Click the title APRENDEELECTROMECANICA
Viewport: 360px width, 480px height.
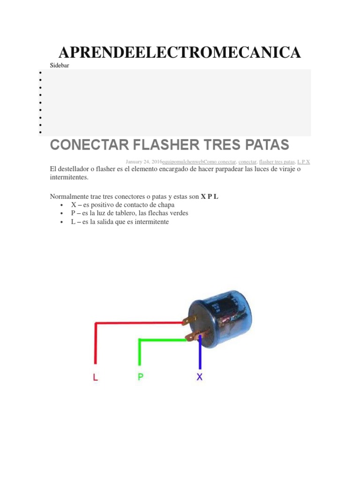tap(180, 52)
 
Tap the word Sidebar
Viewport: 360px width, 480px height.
tap(60, 66)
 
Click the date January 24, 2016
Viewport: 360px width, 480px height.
tap(144, 162)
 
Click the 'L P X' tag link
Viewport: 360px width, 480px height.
tap(304, 162)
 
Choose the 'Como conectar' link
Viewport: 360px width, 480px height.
tap(220, 162)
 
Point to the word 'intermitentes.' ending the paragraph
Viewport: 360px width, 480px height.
tap(68, 178)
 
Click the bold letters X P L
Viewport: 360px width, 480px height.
tap(210, 197)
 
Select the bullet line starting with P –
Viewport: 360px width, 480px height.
tap(129, 213)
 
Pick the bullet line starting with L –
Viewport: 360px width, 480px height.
tap(120, 222)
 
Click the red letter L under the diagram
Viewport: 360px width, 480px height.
tap(96, 377)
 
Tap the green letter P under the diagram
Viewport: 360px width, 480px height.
tap(140, 377)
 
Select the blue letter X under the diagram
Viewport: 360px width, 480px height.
tap(200, 377)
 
